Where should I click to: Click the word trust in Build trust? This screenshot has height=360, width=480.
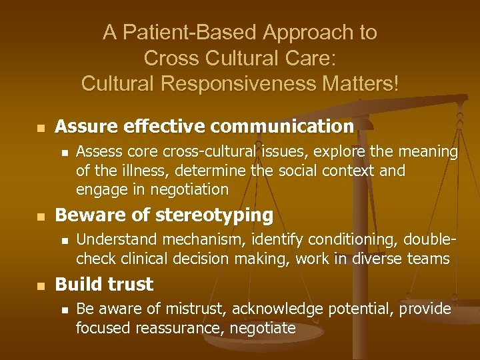point(131,285)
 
